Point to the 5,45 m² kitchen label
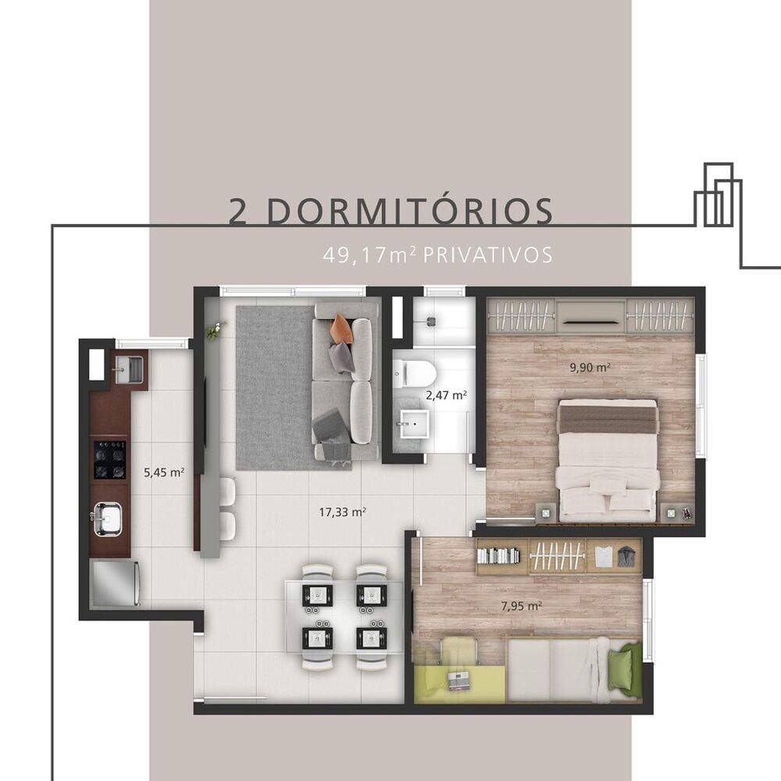tap(164, 472)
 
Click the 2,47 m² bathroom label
tap(446, 395)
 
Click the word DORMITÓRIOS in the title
tap(414, 211)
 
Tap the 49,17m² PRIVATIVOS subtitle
tap(437, 255)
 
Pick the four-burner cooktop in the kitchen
tap(109, 459)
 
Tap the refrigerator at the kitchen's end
tap(115, 583)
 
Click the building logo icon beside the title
tap(718, 195)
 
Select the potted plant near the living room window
tap(212, 331)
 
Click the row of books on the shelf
tap(497, 555)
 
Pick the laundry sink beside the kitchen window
tap(128, 369)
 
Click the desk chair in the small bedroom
tap(458, 651)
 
